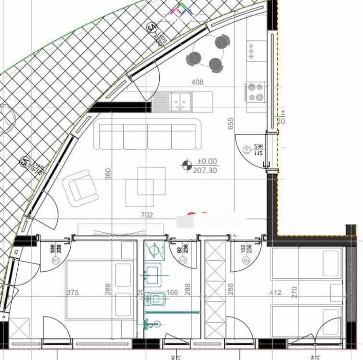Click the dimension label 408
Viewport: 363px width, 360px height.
(x=198, y=82)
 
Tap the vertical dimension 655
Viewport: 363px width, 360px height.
(x=230, y=123)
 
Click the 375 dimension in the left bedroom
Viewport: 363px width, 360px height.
(x=73, y=292)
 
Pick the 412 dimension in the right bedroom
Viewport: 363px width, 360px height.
(x=275, y=292)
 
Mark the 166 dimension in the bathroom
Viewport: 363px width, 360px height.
(x=172, y=292)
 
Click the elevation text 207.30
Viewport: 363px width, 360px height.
(x=205, y=171)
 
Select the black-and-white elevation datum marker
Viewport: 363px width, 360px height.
(x=187, y=165)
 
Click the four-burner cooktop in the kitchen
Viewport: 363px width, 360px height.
(x=255, y=92)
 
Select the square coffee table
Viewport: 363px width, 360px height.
(x=145, y=187)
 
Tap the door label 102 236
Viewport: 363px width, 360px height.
(x=246, y=248)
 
